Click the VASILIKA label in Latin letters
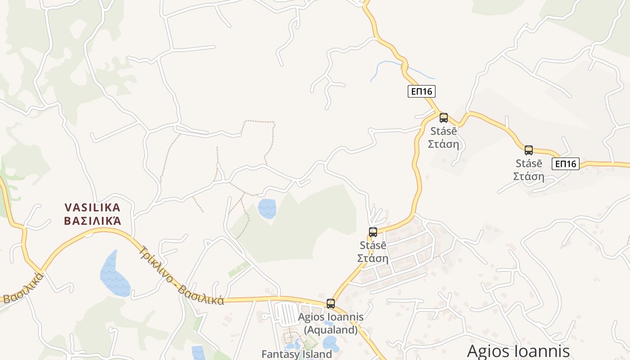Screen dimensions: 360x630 (x=92, y=208)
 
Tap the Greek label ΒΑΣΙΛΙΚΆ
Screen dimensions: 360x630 (x=92, y=221)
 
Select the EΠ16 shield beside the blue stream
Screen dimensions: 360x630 (x=422, y=91)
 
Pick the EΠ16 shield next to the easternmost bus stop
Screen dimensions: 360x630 (x=566, y=164)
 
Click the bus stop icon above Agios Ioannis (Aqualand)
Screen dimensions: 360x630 (x=331, y=304)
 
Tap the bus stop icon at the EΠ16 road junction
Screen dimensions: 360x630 (x=444, y=118)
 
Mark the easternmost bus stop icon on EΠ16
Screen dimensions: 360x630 (x=529, y=150)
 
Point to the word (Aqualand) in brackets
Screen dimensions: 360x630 (x=331, y=330)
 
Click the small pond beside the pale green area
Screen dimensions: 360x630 (x=267, y=208)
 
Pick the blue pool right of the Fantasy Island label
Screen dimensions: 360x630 (x=331, y=343)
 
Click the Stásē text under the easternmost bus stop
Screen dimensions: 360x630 (x=529, y=163)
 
